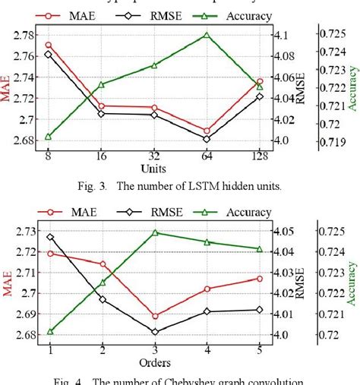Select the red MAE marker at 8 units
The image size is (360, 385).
click(49, 45)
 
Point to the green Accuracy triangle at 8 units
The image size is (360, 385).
click(49, 137)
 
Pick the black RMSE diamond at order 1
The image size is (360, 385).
click(50, 237)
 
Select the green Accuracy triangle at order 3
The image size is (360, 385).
click(155, 232)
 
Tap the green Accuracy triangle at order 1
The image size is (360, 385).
click(50, 331)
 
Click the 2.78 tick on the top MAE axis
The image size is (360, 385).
click(23, 35)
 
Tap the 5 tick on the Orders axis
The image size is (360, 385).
click(260, 349)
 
